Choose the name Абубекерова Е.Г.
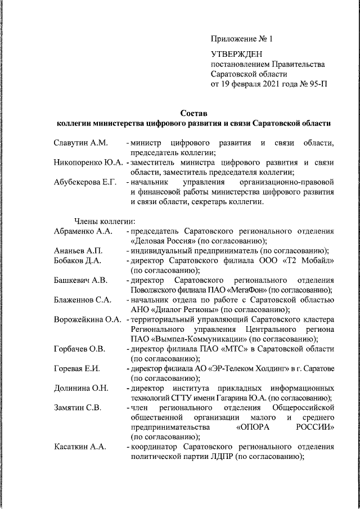(x=85, y=183)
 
